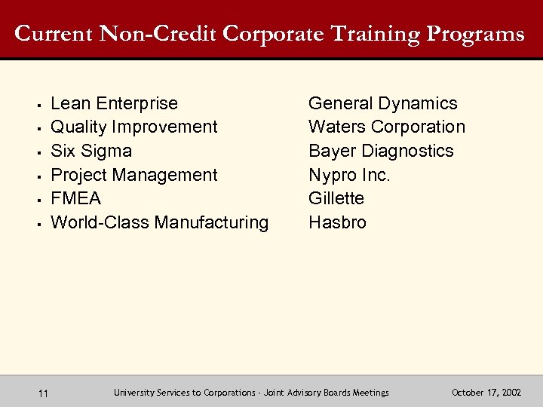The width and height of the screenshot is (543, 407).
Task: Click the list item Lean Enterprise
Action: pyautogui.click(x=114, y=103)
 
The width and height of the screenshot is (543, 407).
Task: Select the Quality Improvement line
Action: pyautogui.click(x=133, y=127)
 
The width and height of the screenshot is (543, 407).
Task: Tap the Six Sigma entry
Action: pyautogui.click(x=90, y=151)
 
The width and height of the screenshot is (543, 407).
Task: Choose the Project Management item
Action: pyautogui.click(x=133, y=175)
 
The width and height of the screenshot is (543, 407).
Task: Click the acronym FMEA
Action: pyautogui.click(x=75, y=198)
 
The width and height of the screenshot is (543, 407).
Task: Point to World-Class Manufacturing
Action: pyautogui.click(x=159, y=222)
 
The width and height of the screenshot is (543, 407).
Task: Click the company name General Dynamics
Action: pyautogui.click(x=383, y=103)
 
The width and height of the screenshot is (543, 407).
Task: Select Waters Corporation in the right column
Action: pyautogui.click(x=387, y=127)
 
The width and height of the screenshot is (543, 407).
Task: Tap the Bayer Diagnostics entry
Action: pyautogui.click(x=381, y=151)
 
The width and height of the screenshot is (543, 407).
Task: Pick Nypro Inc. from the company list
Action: pyautogui.click(x=349, y=175)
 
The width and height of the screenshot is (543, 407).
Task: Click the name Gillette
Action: pyautogui.click(x=336, y=198)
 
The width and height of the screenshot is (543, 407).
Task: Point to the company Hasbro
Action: pyautogui.click(x=337, y=222)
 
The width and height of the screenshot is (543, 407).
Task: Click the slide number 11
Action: pyautogui.click(x=43, y=393)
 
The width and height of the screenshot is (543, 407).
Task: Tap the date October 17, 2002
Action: pyautogui.click(x=486, y=393)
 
